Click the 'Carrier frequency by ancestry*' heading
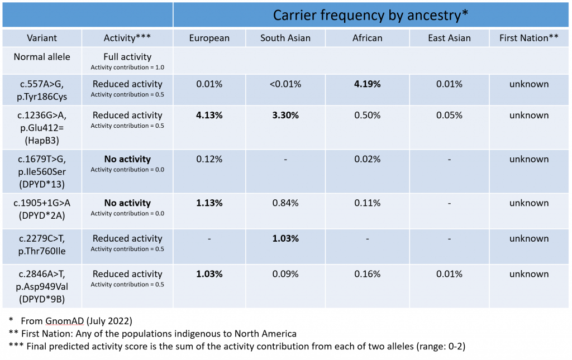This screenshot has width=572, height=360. [370, 15]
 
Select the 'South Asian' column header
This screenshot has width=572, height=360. [285, 38]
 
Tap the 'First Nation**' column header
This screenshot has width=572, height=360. [530, 38]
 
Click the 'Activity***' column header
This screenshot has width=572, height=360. [127, 38]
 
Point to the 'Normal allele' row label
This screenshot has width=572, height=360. [42, 57]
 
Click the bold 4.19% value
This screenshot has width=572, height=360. [367, 84]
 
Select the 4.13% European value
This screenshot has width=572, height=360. [209, 116]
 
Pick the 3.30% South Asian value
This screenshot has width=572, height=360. [285, 116]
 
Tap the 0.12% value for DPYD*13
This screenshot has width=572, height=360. [209, 159]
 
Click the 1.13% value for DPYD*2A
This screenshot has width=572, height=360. [209, 203]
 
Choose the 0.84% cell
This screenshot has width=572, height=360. [285, 203]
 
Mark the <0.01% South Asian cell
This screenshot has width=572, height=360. [285, 84]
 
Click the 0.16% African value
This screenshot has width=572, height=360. [367, 274]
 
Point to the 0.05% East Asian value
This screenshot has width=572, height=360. [449, 116]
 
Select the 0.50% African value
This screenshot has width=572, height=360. [367, 116]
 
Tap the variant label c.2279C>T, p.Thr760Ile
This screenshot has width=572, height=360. [42, 244]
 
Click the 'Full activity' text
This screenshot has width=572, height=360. [127, 57]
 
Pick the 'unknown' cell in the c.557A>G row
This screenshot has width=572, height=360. [529, 84]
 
